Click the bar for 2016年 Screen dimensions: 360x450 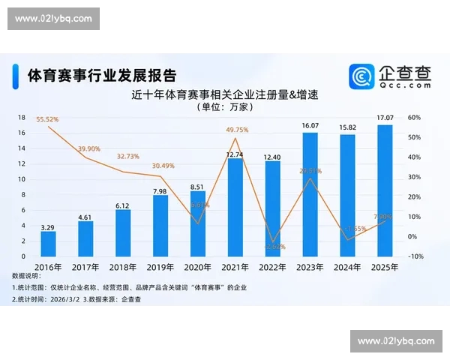point(48,243)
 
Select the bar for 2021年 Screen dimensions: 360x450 point(235,206)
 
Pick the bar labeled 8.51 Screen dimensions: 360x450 point(198,223)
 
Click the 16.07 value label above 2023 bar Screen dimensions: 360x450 point(310,124)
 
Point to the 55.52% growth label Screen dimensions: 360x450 point(47,119)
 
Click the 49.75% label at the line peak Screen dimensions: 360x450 point(236,130)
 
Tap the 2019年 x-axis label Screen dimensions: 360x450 point(160,266)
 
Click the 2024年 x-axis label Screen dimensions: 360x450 point(347,266)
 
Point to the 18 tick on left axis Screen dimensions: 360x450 point(22,118)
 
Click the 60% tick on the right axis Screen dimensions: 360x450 point(413,118)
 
